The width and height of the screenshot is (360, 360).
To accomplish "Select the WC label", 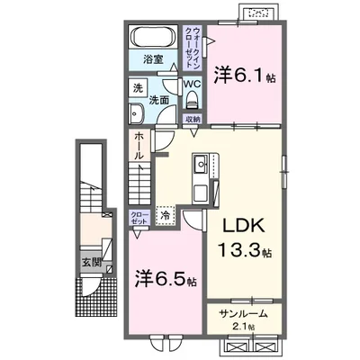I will (192, 85).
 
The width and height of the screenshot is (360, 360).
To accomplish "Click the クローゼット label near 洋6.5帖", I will (139, 218).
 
